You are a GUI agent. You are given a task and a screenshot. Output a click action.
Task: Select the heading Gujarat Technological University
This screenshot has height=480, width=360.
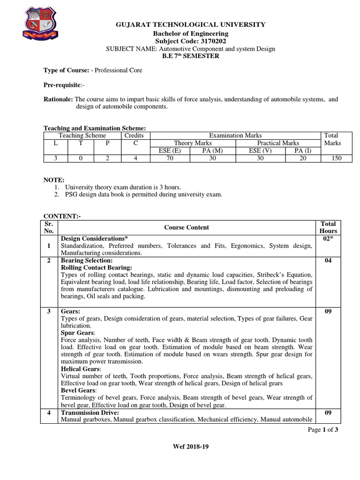click(191, 24)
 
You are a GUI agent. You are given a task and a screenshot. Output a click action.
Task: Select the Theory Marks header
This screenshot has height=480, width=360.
click(193, 143)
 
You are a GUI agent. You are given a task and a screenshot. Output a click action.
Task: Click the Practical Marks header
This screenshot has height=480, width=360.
click(278, 143)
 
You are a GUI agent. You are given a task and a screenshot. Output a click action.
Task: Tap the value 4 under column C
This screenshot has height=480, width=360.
click(135, 158)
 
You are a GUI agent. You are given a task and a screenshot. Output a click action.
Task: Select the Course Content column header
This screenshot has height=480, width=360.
click(187, 227)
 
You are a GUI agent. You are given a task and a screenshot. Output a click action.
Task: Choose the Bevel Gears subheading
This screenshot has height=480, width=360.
click(77, 390)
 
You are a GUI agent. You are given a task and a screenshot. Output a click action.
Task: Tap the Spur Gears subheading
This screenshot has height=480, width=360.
click(75, 332)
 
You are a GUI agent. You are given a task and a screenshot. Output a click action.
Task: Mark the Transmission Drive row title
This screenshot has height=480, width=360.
click(90, 412)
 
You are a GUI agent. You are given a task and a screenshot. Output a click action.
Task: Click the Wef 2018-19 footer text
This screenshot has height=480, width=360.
click(190, 460)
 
